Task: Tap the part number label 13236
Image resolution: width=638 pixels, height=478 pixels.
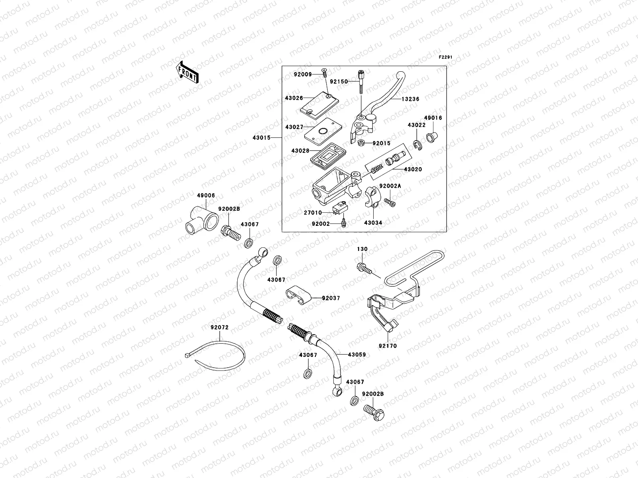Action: coord(411,99)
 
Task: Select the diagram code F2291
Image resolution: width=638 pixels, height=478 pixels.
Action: coord(446,57)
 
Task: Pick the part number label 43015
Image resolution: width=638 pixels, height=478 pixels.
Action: coord(262,138)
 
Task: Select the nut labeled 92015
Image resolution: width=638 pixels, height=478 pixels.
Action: coord(361,143)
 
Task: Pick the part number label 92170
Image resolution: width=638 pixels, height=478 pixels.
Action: coord(388,346)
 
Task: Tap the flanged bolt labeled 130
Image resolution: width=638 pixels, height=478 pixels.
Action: coord(364,268)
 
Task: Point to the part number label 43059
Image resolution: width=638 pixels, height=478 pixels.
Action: coord(356,355)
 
